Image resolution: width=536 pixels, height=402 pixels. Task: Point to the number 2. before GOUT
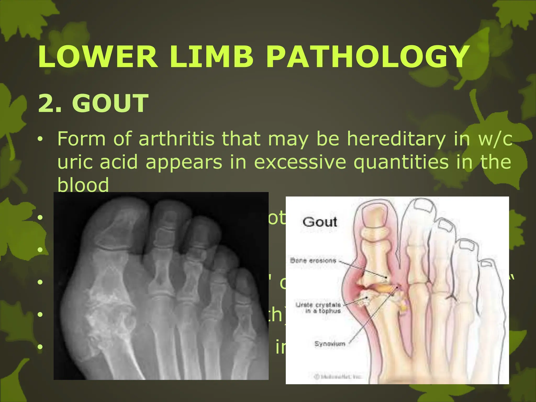coord(50,103)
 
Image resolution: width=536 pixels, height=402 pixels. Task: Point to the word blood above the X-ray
coord(83,185)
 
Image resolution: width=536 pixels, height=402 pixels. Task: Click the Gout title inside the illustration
coord(320,222)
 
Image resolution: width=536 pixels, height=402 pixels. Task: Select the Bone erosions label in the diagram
coord(313,260)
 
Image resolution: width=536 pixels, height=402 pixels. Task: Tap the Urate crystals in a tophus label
coord(318,308)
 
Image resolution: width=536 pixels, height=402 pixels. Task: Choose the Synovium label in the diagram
coord(330,344)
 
